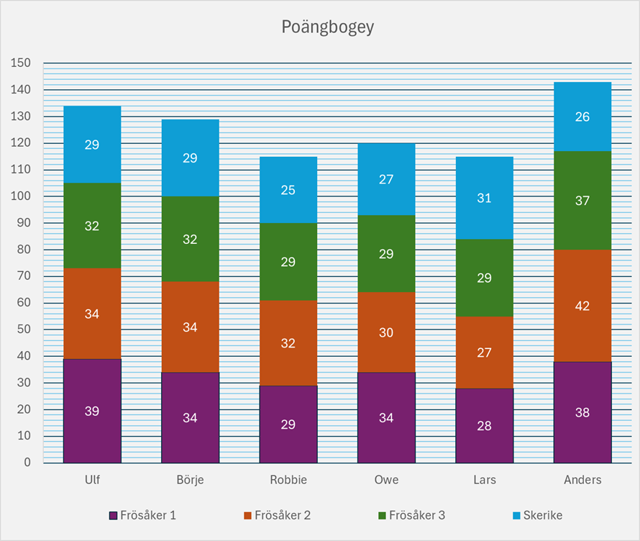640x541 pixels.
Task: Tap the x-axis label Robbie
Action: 288,480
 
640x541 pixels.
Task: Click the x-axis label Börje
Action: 190,480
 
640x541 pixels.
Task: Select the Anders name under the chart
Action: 582,480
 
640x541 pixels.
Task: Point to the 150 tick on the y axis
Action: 22,63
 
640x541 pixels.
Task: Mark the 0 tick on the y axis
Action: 27,463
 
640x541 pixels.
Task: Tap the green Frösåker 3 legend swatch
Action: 382,516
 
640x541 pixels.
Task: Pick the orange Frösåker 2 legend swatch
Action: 247,516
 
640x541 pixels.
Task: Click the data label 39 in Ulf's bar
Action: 92,412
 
